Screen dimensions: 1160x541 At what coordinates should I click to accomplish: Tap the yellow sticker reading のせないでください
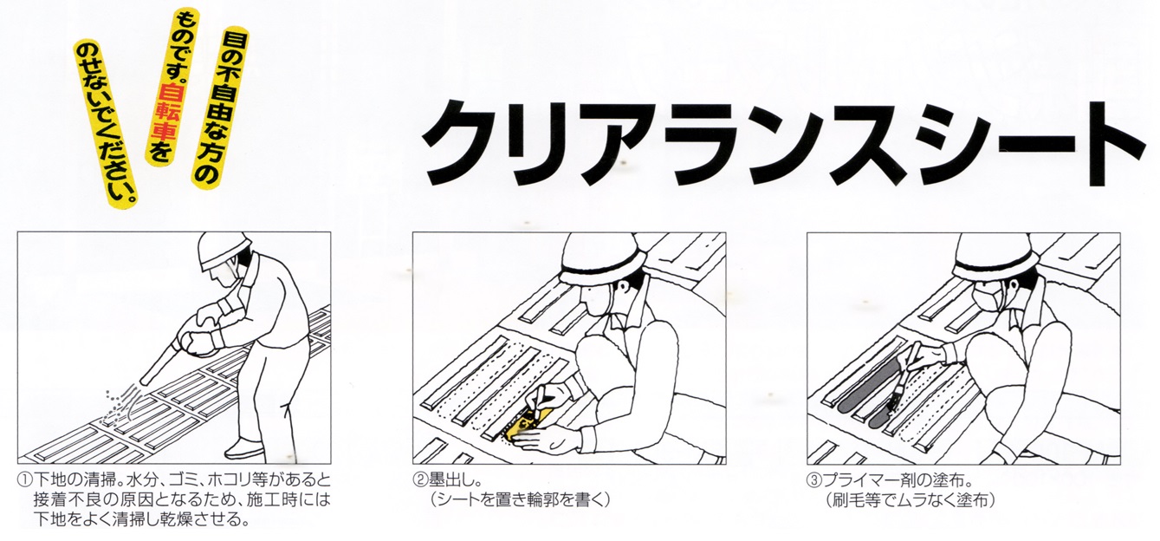coord(107,123)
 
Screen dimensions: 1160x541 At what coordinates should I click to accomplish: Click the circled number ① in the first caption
coord(25,480)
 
